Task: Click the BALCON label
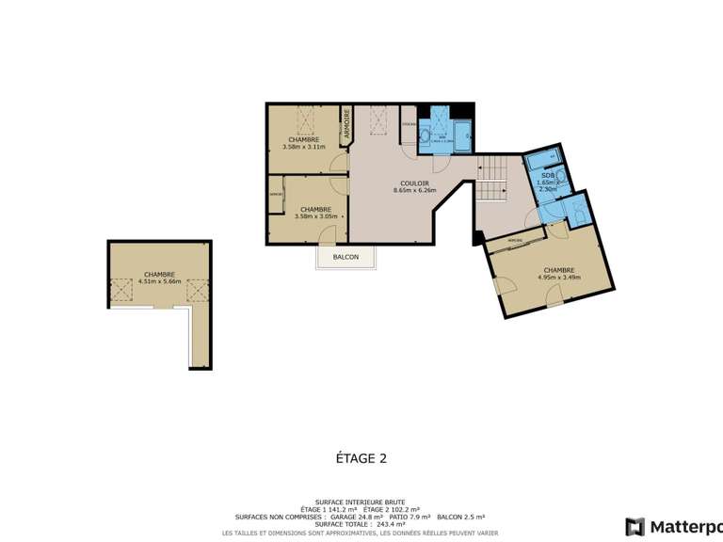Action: pos(345,257)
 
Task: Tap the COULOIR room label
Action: pos(414,183)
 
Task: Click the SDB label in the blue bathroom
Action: pos(546,176)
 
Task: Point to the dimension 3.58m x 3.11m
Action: pos(303,147)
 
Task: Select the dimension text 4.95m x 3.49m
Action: pos(559,277)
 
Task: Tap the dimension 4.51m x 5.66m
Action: pos(158,281)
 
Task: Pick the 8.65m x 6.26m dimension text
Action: pos(414,191)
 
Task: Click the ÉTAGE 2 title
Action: pos(361,459)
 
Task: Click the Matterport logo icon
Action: pos(635,526)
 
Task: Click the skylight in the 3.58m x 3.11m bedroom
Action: pos(306,120)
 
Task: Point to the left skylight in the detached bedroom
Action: pos(122,292)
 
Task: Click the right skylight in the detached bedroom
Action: pos(195,292)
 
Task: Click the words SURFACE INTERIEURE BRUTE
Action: pos(361,502)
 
